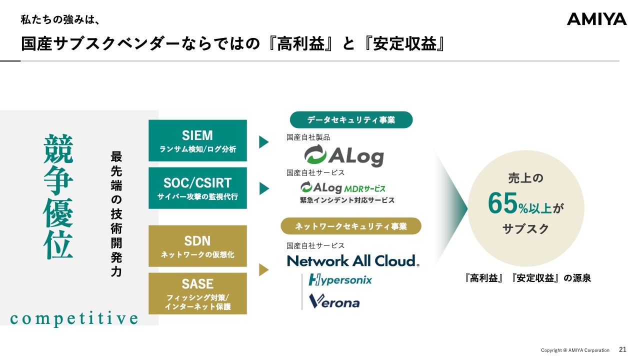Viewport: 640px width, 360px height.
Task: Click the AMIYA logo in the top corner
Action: click(x=596, y=19)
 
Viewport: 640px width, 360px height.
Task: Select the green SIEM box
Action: click(x=197, y=140)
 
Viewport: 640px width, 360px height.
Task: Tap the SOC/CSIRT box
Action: click(x=197, y=188)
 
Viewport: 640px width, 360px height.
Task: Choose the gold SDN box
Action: click(x=197, y=246)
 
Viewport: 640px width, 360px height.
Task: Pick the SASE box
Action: click(x=197, y=293)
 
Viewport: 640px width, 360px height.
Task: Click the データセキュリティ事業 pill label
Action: click(x=351, y=120)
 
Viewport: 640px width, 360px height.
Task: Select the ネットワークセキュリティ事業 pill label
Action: click(x=351, y=226)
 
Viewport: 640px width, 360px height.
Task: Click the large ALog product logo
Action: click(x=344, y=155)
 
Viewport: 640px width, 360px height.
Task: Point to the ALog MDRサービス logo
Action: click(x=343, y=188)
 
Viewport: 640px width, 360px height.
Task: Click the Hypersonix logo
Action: click(x=340, y=279)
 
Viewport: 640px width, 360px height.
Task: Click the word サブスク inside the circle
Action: click(x=525, y=229)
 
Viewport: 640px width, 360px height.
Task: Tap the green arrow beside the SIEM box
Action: click(x=263, y=142)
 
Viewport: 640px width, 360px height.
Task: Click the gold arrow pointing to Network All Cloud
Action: click(x=263, y=270)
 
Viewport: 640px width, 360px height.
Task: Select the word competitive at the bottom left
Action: click(x=74, y=318)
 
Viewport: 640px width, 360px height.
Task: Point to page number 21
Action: click(x=622, y=350)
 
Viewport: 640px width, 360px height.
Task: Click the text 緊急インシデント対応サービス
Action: click(x=347, y=200)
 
